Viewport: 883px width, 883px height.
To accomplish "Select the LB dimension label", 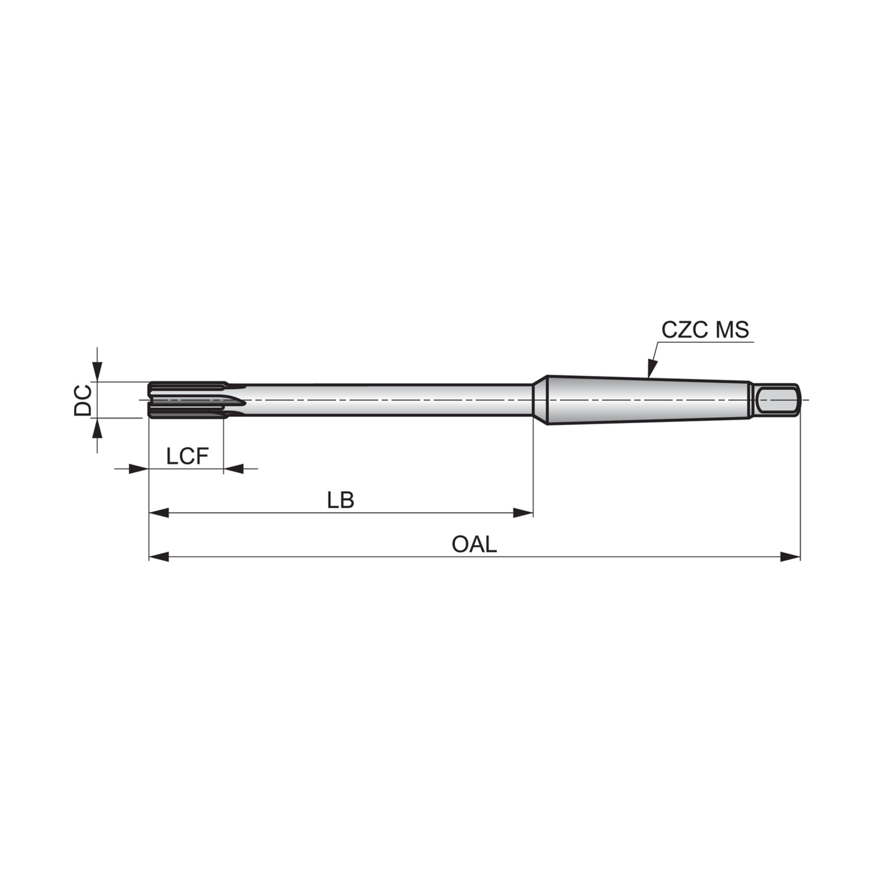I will [341, 500].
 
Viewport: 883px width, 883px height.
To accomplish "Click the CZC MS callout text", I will [705, 330].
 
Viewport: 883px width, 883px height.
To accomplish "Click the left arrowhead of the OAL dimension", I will [159, 557].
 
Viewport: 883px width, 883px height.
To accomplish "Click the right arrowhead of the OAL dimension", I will [791, 557].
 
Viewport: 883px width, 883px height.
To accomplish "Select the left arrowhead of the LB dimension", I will [159, 513].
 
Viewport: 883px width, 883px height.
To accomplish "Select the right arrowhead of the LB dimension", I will [523, 513].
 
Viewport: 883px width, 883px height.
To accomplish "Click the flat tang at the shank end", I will [777, 400].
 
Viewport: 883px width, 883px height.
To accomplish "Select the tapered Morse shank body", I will [644, 400].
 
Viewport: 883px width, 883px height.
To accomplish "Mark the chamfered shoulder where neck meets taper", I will [539, 400].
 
